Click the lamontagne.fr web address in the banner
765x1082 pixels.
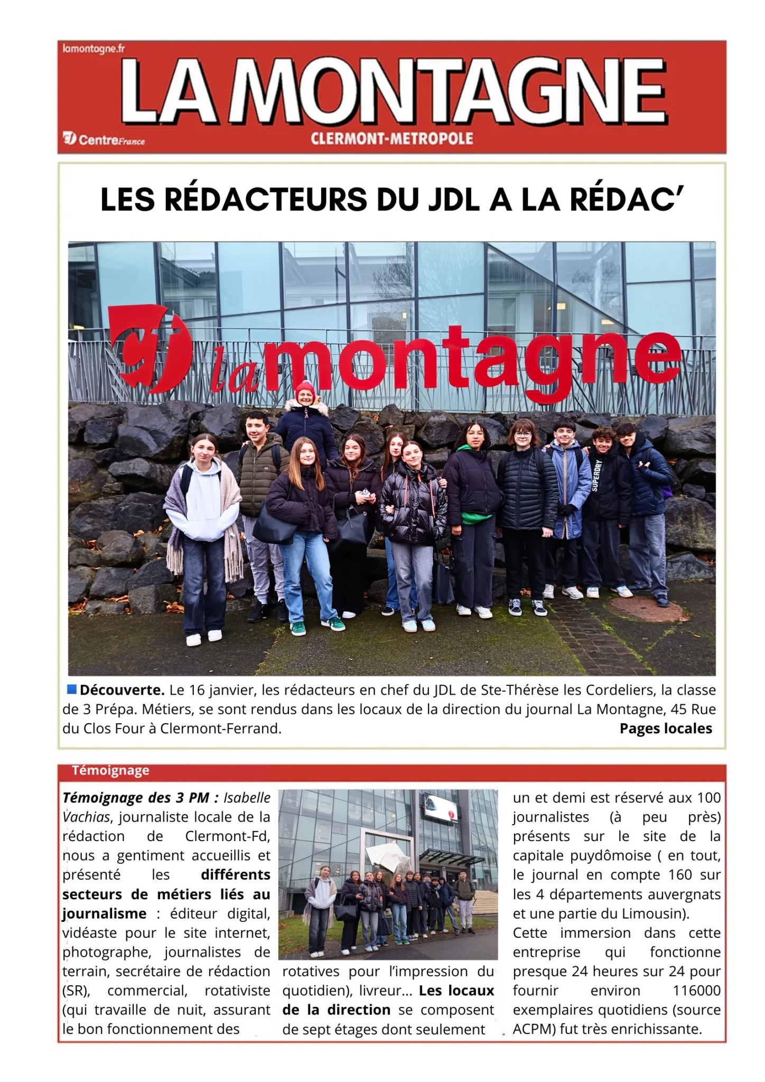coord(94,49)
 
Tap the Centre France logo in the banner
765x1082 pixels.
coord(104,140)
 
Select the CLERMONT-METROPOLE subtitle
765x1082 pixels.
coord(391,139)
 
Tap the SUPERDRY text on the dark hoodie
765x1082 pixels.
coord(596,475)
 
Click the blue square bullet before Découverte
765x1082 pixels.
coord(72,689)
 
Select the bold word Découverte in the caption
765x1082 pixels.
coord(122,690)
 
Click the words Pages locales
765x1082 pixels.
coord(665,729)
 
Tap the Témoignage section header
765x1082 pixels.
coord(110,770)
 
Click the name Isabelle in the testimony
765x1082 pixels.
coord(247,798)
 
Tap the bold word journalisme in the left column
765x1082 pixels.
coord(104,913)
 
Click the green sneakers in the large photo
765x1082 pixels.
coord(297,628)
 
